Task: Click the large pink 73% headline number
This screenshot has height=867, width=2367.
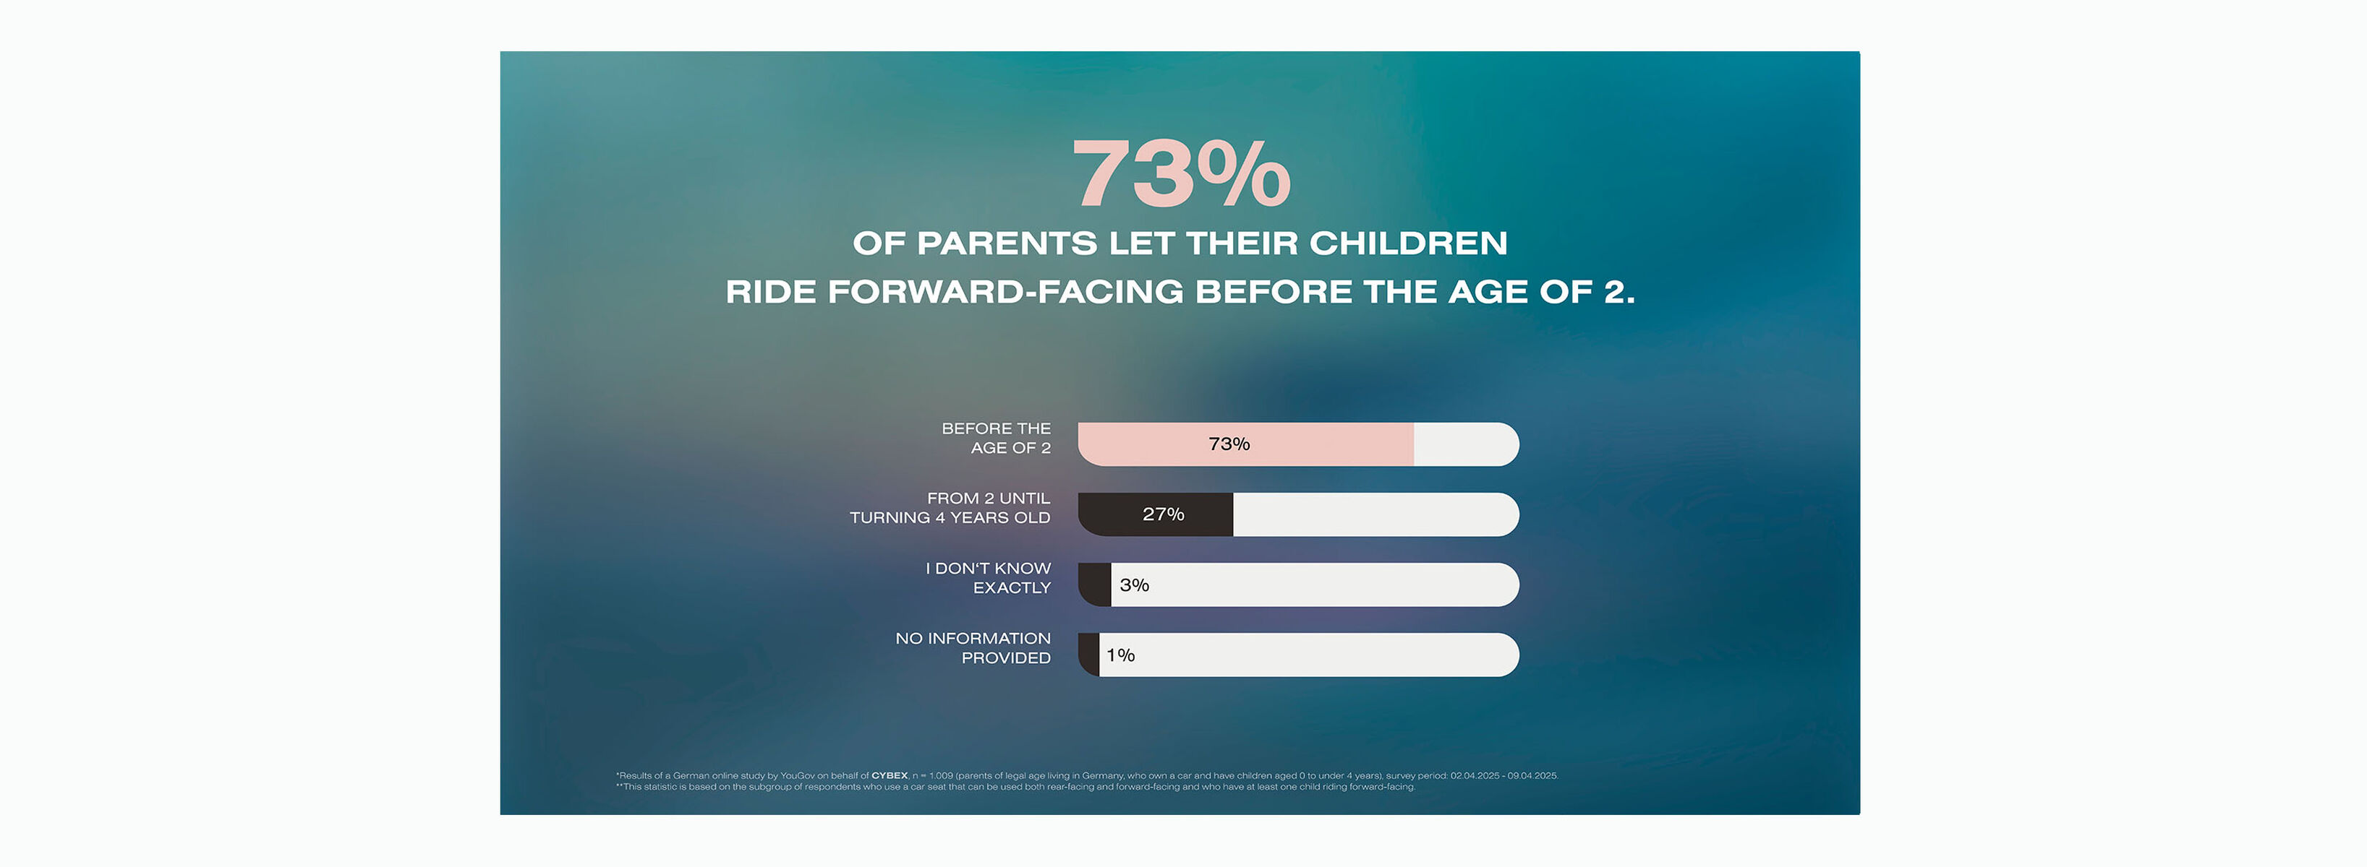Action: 1181,175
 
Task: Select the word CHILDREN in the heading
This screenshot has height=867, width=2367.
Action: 1408,243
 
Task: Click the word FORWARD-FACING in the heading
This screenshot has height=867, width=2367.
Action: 1005,292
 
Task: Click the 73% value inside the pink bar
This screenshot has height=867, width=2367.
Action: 1229,444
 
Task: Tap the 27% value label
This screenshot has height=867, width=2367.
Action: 1164,514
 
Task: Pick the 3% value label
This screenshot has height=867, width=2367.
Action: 1134,585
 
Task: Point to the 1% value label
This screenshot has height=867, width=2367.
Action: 1120,655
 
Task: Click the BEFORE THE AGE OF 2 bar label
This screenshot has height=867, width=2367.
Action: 996,438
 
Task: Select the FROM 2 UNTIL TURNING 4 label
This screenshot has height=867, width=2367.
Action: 950,508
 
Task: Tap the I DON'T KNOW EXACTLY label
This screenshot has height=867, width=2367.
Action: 988,578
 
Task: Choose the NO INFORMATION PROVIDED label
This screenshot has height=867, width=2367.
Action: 973,647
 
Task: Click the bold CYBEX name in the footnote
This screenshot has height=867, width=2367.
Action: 889,775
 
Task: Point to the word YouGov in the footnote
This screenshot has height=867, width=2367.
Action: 797,775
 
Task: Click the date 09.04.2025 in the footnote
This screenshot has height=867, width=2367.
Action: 1532,775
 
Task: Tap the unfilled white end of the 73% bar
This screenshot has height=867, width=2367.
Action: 1466,444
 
